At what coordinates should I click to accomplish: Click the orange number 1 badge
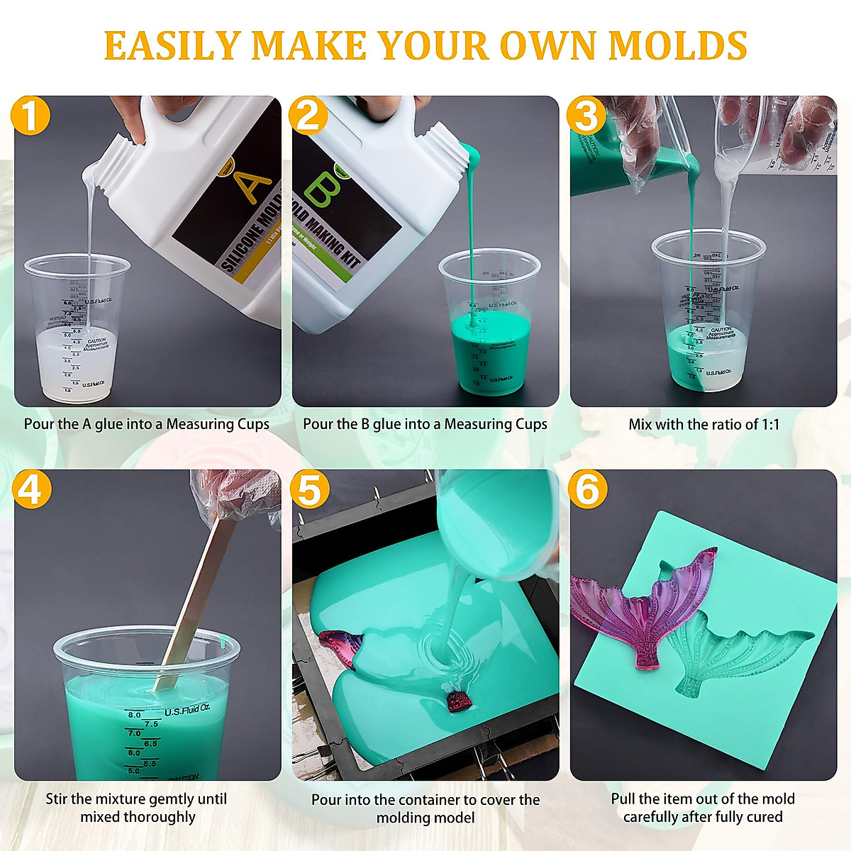coord(30,116)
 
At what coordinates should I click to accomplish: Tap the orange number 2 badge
coord(308,116)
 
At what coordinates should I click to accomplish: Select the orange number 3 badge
coord(586,116)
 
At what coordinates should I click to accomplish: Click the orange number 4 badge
coord(30,489)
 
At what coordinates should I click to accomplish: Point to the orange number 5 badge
coord(308,489)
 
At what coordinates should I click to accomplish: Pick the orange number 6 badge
coord(586,489)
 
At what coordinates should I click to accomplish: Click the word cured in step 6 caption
coord(764,817)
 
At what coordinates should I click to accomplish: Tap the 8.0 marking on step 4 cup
coord(134,715)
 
